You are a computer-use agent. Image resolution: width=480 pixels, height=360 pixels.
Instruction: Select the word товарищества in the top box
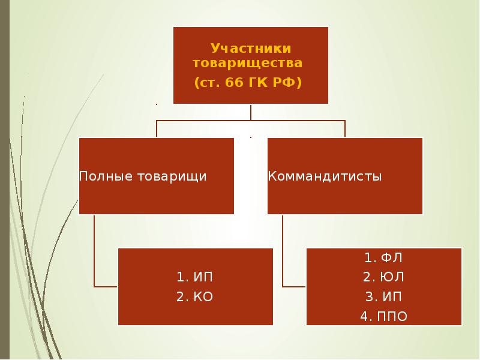pyautogui.click(x=247, y=62)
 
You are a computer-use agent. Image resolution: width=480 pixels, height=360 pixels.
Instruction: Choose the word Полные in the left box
pyautogui.click(x=98, y=176)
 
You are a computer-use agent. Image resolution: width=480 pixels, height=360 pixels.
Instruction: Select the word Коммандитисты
pyautogui.click(x=325, y=176)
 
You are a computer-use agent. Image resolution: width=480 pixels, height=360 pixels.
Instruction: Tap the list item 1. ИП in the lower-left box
pyautogui.click(x=194, y=277)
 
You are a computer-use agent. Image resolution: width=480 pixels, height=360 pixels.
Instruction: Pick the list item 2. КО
pyautogui.click(x=194, y=296)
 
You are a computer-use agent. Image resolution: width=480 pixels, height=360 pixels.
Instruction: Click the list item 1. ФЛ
pyautogui.click(x=383, y=258)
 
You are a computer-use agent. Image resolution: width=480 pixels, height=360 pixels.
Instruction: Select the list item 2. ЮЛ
pyautogui.click(x=383, y=277)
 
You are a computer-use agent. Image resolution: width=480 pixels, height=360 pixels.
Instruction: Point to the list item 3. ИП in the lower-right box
pyautogui.click(x=383, y=296)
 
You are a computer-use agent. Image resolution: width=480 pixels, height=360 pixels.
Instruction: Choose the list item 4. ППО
pyautogui.click(x=383, y=316)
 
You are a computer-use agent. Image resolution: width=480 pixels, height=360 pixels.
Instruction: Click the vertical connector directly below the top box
pyautogui.click(x=251, y=112)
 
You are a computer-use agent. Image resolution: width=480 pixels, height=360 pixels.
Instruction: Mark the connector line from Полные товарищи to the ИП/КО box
pyautogui.click(x=95, y=252)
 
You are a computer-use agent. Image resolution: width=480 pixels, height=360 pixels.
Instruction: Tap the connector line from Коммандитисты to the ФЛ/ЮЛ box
pyautogui.click(x=283, y=252)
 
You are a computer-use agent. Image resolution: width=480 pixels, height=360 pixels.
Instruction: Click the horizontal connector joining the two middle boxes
pyautogui.click(x=204, y=121)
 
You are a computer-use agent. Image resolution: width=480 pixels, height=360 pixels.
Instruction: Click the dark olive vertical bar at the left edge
pyautogui.click(x=4, y=180)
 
